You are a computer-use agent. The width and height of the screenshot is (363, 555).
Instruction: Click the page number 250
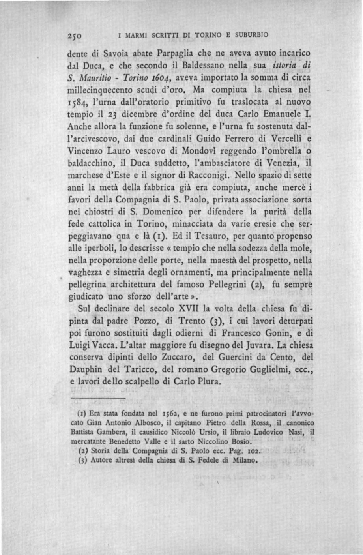coord(74,35)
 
